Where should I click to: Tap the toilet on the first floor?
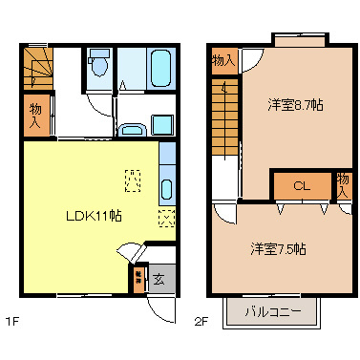[98, 66]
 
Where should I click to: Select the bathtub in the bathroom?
[158, 66]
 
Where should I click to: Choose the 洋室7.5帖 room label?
[278, 249]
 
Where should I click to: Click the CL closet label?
[300, 185]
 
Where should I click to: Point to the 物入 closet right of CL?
[343, 183]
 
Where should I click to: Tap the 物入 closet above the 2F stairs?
[222, 61]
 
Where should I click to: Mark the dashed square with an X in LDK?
[166, 218]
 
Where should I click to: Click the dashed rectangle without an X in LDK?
[133, 179]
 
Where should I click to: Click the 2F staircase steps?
[225, 105]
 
